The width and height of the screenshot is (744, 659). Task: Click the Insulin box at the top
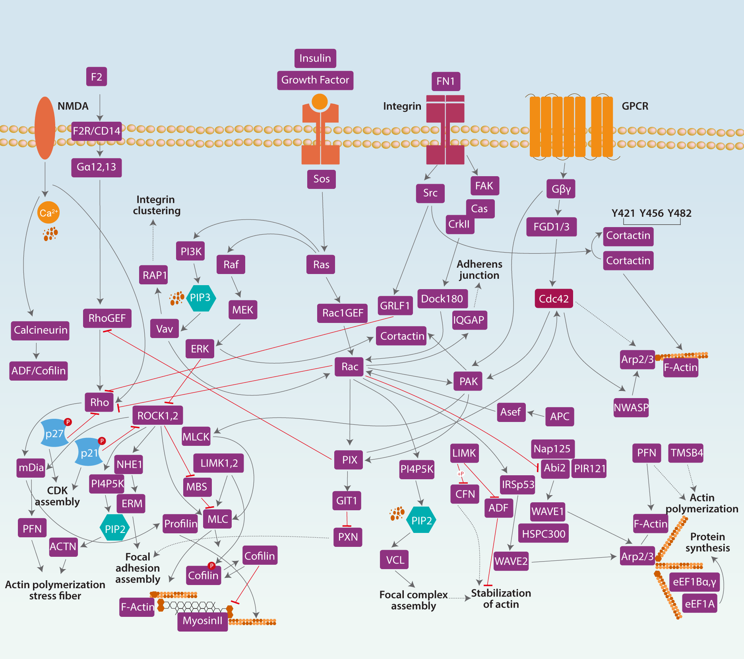pyautogui.click(x=315, y=58)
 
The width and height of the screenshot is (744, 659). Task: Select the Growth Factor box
pyautogui.click(x=315, y=80)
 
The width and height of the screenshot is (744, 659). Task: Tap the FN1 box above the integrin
pyautogui.click(x=446, y=82)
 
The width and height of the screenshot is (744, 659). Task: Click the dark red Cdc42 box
pyautogui.click(x=554, y=299)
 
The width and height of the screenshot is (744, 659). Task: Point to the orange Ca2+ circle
pyautogui.click(x=48, y=213)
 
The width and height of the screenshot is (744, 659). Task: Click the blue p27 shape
pyautogui.click(x=54, y=433)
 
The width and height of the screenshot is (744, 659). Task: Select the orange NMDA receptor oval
pyautogui.click(x=45, y=128)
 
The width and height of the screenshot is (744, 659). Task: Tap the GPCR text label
pyautogui.click(x=635, y=106)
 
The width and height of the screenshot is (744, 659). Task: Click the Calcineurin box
pyautogui.click(x=40, y=330)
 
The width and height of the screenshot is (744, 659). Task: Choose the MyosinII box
pyautogui.click(x=202, y=621)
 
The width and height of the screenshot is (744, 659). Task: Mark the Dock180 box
pyautogui.click(x=442, y=299)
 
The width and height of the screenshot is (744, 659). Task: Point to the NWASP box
pyautogui.click(x=631, y=408)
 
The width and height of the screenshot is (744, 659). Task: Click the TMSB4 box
pyautogui.click(x=686, y=453)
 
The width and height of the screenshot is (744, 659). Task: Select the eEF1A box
pyautogui.click(x=699, y=604)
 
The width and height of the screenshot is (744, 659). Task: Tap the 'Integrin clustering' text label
pyautogui.click(x=156, y=205)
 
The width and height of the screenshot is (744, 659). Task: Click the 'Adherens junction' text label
pyautogui.click(x=479, y=270)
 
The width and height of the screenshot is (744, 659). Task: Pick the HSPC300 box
pyautogui.click(x=543, y=534)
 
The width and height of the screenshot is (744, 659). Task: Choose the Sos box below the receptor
pyautogui.click(x=321, y=179)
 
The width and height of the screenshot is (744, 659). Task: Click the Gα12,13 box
pyautogui.click(x=97, y=167)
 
